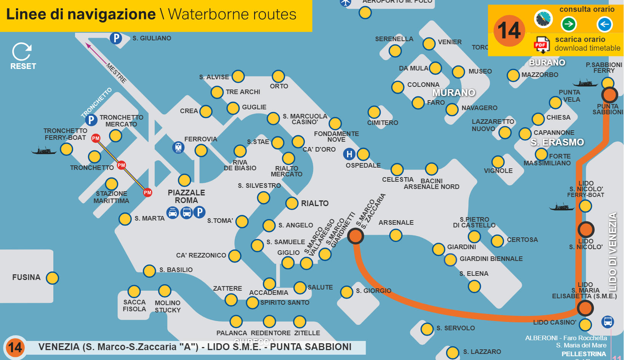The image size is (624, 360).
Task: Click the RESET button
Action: pyautogui.click(x=22, y=56)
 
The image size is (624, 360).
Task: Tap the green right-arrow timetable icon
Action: pyautogui.click(x=568, y=24)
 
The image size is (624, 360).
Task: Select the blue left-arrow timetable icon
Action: pyautogui.click(x=604, y=24)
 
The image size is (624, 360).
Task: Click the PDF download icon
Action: pyautogui.click(x=541, y=45)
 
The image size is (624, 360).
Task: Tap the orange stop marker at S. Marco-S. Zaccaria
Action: pyautogui.click(x=355, y=236)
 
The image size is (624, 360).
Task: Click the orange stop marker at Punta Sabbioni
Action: pyautogui.click(x=609, y=94)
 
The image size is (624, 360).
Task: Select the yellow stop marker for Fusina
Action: pyautogui.click(x=52, y=278)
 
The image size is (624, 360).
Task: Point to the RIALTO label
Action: pyautogui.click(x=315, y=203)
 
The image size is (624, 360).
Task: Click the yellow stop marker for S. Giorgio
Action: pyautogui.click(x=347, y=292)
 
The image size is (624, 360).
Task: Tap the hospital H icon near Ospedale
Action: pyautogui.click(x=349, y=154)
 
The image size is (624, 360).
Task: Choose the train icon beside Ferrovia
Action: pyautogui.click(x=178, y=147)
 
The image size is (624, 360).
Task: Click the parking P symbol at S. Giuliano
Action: pyautogui.click(x=116, y=38)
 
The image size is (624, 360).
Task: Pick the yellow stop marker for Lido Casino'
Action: pyautogui.click(x=585, y=325)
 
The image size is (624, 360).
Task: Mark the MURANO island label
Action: pyautogui.click(x=454, y=93)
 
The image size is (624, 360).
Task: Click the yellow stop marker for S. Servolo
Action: pyautogui.click(x=427, y=329)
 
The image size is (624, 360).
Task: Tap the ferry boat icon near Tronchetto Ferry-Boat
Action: pyautogui.click(x=44, y=151)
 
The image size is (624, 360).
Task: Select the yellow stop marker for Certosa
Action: pyautogui.click(x=497, y=241)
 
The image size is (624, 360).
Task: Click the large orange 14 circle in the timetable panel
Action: pyautogui.click(x=509, y=31)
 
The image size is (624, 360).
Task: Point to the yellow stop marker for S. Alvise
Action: pyautogui.click(x=238, y=76)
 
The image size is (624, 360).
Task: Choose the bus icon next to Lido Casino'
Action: pyautogui.click(x=607, y=322)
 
